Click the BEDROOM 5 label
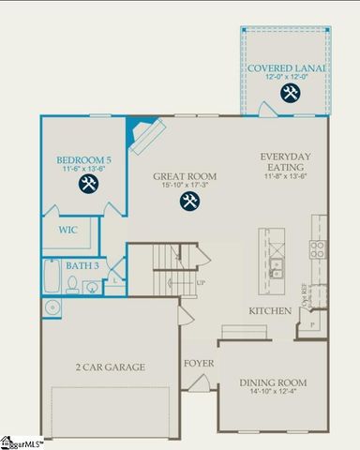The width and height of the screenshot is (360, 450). (x=83, y=160)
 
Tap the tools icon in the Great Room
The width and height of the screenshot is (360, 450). (x=189, y=201)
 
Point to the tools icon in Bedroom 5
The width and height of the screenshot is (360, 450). (x=89, y=184)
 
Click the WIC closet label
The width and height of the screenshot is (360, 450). (x=67, y=229)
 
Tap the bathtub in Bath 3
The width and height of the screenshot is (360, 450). (x=51, y=278)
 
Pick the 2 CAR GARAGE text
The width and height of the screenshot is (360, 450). (x=111, y=367)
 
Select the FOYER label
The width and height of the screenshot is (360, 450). (x=198, y=361)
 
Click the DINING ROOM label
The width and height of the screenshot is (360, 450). (x=274, y=382)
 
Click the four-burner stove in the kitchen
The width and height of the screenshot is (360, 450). (x=318, y=248)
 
